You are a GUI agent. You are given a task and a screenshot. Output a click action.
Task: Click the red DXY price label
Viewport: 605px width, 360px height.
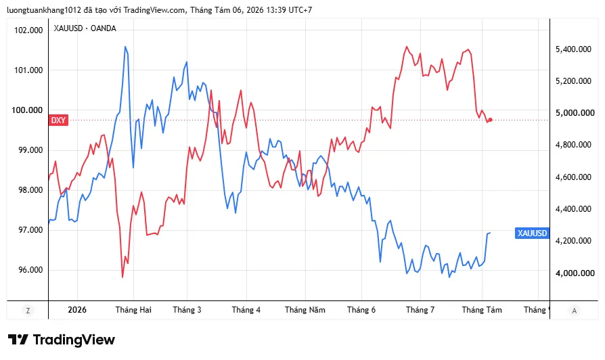click(x=59, y=120)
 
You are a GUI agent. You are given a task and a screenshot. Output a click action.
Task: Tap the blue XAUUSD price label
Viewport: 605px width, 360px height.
click(x=532, y=233)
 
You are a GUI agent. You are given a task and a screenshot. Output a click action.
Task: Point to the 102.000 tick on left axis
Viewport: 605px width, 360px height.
click(x=28, y=30)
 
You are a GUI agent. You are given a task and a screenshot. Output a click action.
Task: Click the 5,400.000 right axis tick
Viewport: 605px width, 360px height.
click(x=573, y=49)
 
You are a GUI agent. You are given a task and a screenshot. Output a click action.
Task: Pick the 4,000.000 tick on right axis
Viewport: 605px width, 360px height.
click(x=575, y=273)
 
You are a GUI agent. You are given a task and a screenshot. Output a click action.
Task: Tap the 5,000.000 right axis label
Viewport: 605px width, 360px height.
click(x=575, y=112)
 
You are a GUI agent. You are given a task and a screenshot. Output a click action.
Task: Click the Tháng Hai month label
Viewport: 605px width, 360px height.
click(x=133, y=310)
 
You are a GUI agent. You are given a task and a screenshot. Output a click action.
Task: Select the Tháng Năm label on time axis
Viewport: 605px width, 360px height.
click(x=305, y=310)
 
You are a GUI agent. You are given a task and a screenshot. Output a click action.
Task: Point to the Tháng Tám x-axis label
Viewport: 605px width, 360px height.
click(x=482, y=310)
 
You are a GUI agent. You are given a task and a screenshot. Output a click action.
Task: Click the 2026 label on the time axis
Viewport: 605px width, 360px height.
click(x=77, y=310)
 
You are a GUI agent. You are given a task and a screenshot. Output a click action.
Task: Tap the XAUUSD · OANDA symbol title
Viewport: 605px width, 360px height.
click(x=85, y=28)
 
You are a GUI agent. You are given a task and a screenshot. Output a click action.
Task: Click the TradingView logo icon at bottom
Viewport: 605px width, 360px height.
click(x=18, y=340)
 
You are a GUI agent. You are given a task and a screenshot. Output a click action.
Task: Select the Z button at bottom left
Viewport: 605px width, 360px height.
click(x=28, y=310)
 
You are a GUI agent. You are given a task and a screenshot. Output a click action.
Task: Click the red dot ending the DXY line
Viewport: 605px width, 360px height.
click(x=491, y=120)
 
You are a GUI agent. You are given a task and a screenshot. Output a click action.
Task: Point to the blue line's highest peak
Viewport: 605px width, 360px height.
click(x=125, y=47)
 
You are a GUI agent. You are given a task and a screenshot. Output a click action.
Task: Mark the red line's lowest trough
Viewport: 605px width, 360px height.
click(x=122, y=277)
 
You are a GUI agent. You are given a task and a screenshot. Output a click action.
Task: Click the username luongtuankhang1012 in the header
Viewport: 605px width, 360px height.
click(x=44, y=10)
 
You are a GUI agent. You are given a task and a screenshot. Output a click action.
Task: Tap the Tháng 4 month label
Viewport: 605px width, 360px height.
click(x=246, y=310)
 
